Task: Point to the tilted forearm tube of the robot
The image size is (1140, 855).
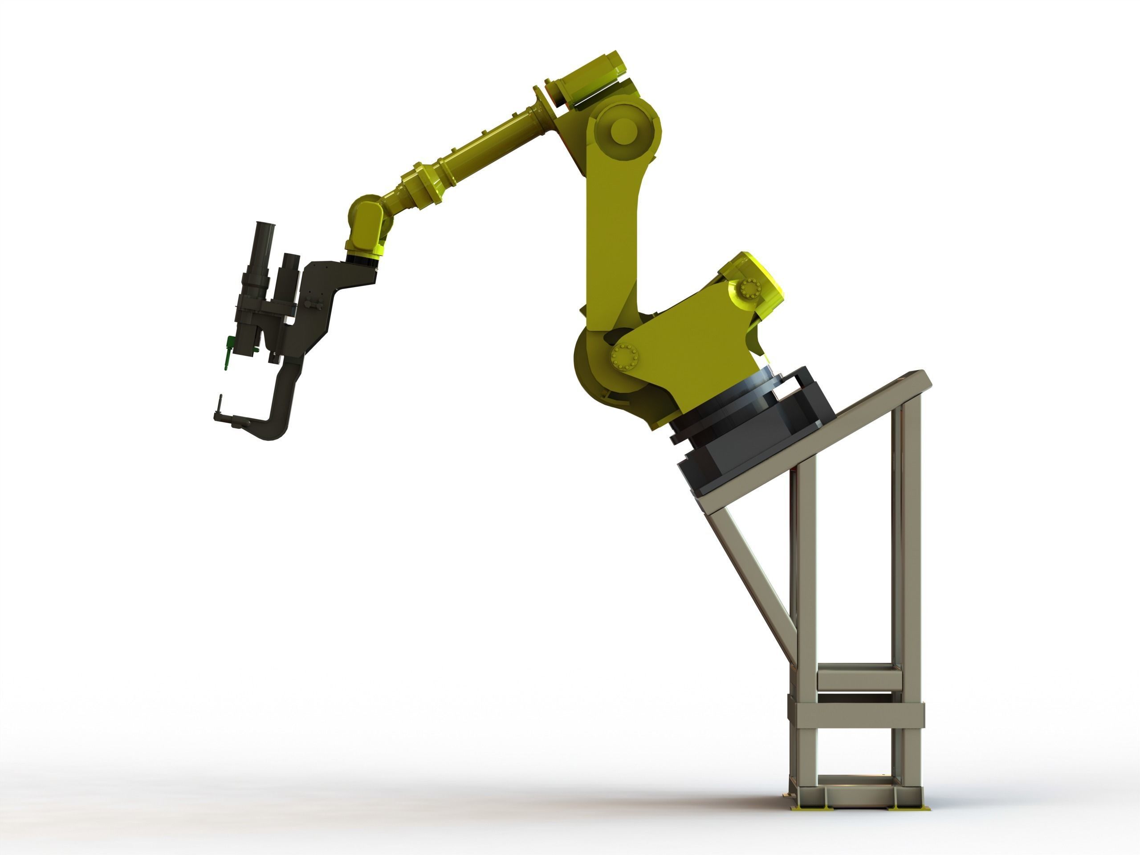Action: click(484, 155)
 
